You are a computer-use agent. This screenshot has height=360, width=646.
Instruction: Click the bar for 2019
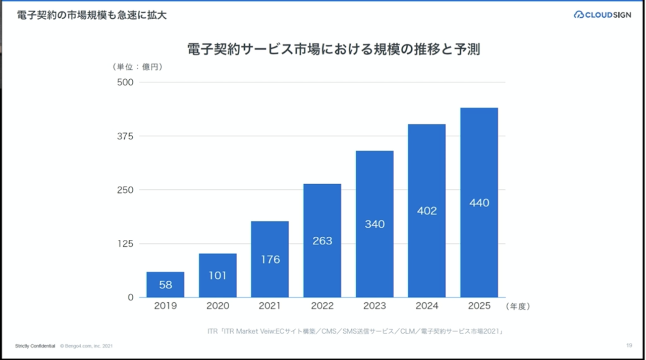(165, 285)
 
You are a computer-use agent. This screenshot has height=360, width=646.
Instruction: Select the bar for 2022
(322, 240)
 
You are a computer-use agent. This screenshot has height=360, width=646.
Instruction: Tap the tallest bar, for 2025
(479, 202)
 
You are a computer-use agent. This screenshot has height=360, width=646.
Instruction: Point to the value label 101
(218, 276)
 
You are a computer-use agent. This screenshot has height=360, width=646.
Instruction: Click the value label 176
(270, 260)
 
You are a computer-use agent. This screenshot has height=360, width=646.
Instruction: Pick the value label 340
(374, 224)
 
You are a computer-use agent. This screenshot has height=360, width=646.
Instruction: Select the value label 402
(427, 211)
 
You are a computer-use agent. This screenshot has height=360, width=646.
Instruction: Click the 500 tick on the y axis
(125, 82)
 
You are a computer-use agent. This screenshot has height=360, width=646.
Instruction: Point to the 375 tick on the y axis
(125, 136)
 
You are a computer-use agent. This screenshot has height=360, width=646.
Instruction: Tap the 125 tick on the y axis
(125, 244)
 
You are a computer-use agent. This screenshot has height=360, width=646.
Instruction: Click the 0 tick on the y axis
(130, 297)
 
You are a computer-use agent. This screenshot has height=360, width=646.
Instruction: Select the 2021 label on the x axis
(270, 306)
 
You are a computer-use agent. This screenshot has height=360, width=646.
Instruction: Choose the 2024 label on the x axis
(427, 306)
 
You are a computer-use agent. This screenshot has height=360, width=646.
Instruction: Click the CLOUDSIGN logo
(602, 15)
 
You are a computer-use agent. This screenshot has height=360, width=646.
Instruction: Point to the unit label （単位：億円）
(137, 66)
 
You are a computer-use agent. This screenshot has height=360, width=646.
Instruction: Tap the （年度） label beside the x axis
(518, 306)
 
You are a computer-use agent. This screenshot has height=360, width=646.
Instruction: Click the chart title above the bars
(333, 49)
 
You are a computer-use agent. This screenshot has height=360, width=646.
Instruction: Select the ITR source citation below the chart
(356, 331)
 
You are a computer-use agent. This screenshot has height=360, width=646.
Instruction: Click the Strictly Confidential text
(35, 346)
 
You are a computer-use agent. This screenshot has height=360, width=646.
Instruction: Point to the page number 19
(629, 346)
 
